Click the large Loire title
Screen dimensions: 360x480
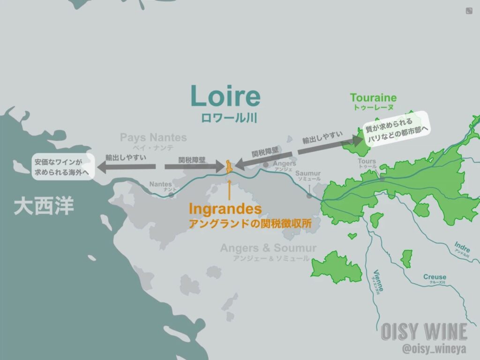click(x=225, y=96)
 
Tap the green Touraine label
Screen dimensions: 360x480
click(x=373, y=98)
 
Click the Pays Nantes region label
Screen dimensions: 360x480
click(x=153, y=138)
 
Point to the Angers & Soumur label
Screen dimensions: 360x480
click(x=268, y=248)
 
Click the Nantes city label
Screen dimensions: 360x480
click(x=160, y=184)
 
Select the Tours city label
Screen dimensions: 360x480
click(x=367, y=162)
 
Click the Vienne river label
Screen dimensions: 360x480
click(x=378, y=279)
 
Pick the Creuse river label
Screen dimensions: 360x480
click(x=435, y=277)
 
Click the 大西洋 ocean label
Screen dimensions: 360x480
click(x=44, y=206)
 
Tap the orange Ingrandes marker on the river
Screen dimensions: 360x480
click(x=228, y=167)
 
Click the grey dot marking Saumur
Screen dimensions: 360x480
click(x=309, y=195)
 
